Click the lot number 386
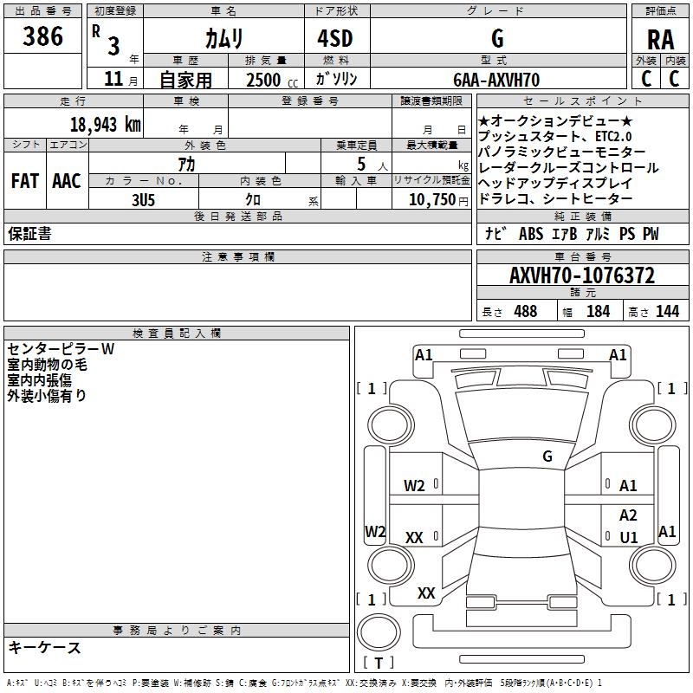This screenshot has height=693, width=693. tap(42, 36)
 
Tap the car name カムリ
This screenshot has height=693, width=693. tap(223, 38)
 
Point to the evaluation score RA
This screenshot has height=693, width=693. tap(660, 40)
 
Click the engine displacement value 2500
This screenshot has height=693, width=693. tap(263, 80)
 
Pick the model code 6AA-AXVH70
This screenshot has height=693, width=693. tap(496, 80)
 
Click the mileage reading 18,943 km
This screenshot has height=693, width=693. tap(105, 124)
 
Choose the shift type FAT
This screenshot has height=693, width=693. tap(24, 181)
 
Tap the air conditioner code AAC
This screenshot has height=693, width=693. tap(66, 181)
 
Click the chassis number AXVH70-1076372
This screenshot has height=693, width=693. tap(581, 276)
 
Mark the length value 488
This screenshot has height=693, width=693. tap(524, 312)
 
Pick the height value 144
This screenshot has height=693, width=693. tap(667, 312)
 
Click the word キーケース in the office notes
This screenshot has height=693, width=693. tap(44, 648)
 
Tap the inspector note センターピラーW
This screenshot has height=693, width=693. tap(61, 350)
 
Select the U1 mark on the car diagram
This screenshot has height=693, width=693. tap(629, 538)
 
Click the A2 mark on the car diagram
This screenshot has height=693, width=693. tap(628, 515)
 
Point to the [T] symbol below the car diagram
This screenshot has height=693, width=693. tap(378, 664)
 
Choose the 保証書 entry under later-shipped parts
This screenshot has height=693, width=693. tap(29, 234)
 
